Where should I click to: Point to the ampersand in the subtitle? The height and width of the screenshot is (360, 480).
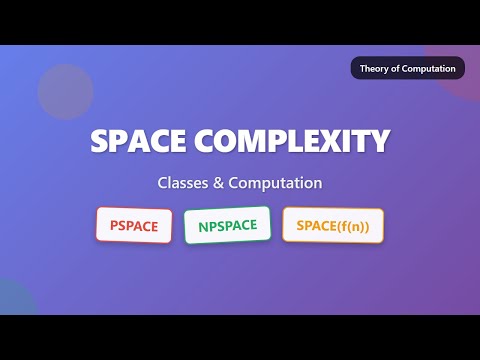point(219,184)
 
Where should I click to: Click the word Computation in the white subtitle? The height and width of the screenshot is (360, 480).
point(275,184)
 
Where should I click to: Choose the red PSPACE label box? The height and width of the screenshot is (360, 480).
point(134,225)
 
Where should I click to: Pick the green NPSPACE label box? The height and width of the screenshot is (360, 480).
point(227,226)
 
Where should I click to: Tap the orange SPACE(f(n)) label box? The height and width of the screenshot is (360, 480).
point(333,225)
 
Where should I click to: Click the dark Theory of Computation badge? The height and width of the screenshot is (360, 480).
point(407,69)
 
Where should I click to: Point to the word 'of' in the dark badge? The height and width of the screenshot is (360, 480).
point(400,69)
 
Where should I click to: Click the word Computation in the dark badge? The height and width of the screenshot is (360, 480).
point(431,69)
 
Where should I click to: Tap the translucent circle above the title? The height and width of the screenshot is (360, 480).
point(66,92)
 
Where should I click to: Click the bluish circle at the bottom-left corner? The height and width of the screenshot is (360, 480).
point(12,299)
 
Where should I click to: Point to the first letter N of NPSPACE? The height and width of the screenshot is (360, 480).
point(204,226)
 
